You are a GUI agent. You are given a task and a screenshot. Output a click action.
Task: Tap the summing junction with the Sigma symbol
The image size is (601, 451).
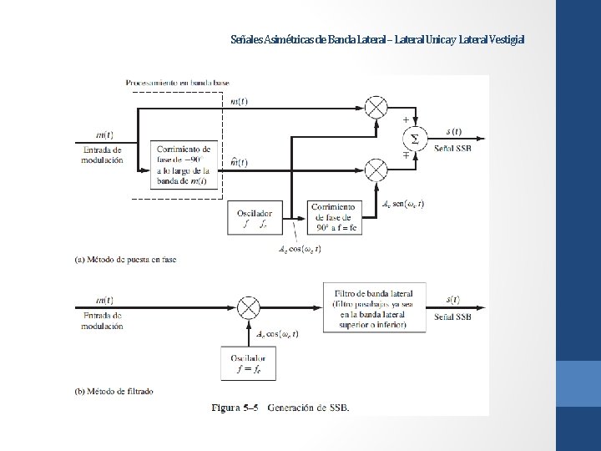click(410, 137)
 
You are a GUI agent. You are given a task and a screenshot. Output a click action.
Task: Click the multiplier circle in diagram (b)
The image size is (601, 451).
click(248, 307)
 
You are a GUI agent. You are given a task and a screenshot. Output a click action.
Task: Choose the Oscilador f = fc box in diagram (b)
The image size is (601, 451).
click(247, 363)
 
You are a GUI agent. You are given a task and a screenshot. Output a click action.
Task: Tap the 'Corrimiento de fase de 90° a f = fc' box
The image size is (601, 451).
click(334, 217)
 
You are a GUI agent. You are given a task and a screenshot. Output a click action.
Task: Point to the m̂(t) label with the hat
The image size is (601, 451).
click(238, 162)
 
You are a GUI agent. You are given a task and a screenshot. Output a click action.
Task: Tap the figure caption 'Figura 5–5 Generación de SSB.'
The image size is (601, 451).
click(280, 408)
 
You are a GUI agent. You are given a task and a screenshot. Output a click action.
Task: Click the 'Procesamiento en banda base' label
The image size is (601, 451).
click(177, 83)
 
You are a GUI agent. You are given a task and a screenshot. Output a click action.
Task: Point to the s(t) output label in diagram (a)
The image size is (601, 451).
click(454, 131)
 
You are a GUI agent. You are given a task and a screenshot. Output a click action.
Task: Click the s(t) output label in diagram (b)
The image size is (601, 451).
click(454, 298)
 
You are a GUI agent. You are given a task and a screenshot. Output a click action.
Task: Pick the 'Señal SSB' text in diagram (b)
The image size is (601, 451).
click(453, 317)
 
